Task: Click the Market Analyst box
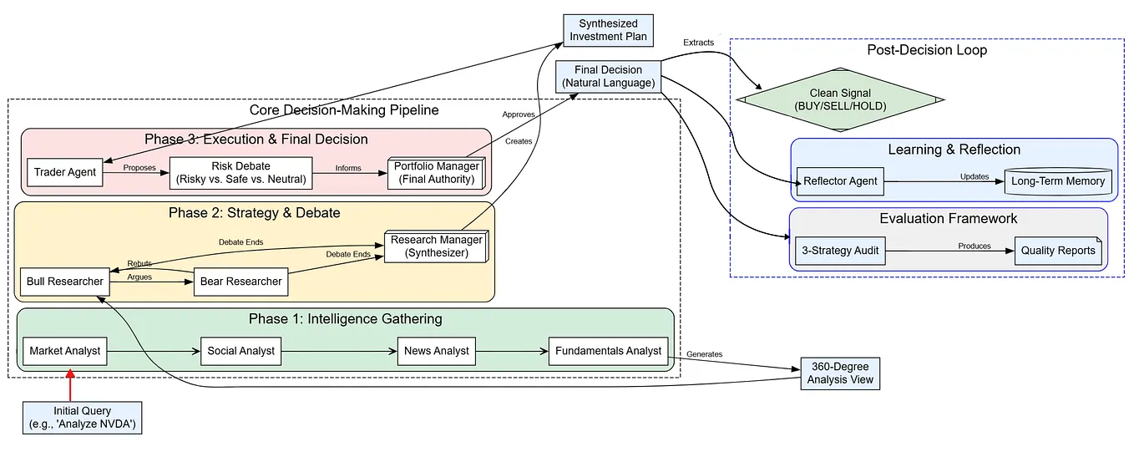click(64, 351)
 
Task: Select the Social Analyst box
click(240, 351)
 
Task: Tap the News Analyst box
click(436, 351)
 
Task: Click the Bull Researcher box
click(65, 282)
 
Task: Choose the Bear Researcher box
click(240, 282)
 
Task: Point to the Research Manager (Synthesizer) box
click(434, 246)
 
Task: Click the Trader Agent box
click(64, 173)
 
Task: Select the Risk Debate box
click(241, 173)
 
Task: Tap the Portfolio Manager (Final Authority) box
click(436, 173)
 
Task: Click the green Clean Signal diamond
click(841, 100)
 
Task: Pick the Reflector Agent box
click(839, 181)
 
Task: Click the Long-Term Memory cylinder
click(1058, 181)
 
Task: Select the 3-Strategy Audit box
click(839, 251)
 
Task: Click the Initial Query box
click(82, 418)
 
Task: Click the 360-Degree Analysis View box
click(840, 373)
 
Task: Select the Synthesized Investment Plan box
click(607, 30)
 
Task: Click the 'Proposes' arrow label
click(139, 168)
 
